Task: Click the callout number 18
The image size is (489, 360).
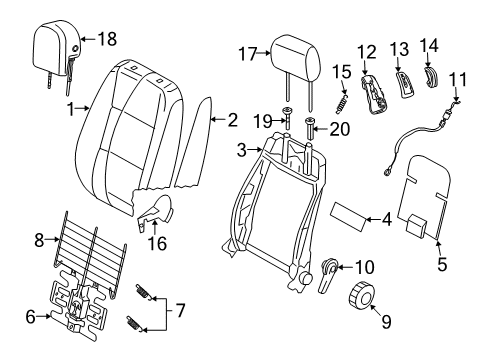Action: click(107, 39)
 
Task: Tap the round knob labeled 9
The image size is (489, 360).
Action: click(362, 294)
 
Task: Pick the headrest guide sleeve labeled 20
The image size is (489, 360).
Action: click(309, 130)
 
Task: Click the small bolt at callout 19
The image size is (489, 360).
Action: click(287, 118)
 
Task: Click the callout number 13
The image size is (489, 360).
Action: click(400, 49)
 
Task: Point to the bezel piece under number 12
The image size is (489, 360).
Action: click(374, 95)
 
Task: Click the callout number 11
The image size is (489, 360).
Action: click(458, 79)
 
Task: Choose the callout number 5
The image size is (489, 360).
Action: click(442, 264)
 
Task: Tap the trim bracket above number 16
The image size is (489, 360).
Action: click(157, 209)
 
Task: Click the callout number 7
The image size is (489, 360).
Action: click(180, 311)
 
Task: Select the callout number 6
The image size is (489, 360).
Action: click(30, 317)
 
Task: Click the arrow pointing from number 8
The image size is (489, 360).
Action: click(53, 239)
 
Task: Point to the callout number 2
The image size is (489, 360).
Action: click(232, 120)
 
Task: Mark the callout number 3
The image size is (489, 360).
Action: click(242, 150)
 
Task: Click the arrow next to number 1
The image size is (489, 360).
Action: click(82, 108)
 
